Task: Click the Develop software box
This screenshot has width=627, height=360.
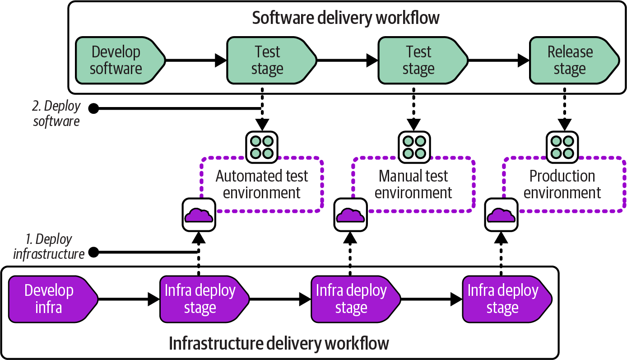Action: pyautogui.click(x=116, y=60)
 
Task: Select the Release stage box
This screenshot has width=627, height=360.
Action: pyautogui.click(x=570, y=60)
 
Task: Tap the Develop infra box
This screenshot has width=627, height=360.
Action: pyautogui.click(x=50, y=299)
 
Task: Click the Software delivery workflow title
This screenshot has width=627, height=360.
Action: pyautogui.click(x=345, y=18)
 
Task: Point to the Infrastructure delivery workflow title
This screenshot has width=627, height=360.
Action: pyautogui.click(x=279, y=343)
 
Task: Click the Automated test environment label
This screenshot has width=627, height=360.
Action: pyautogui.click(x=262, y=184)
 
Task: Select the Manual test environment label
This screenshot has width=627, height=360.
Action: pyautogui.click(x=413, y=184)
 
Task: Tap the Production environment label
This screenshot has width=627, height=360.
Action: pyautogui.click(x=562, y=184)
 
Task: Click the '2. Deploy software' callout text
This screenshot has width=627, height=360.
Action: pyautogui.click(x=57, y=114)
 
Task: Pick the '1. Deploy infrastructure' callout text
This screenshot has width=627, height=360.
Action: pyautogui.click(x=49, y=247)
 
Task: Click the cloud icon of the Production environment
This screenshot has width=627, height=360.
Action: pyautogui.click(x=502, y=215)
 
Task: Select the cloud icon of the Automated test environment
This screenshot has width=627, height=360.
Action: pyautogui.click(x=199, y=215)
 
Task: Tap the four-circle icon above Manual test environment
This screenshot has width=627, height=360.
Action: pyautogui.click(x=414, y=147)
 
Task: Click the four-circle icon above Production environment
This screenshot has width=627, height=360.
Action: pyautogui.click(x=562, y=147)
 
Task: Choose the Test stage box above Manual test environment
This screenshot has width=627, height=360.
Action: pyautogui.click(x=418, y=60)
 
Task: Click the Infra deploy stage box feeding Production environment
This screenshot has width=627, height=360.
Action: pyautogui.click(x=503, y=299)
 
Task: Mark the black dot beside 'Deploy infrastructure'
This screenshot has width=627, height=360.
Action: pyautogui.click(x=94, y=252)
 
